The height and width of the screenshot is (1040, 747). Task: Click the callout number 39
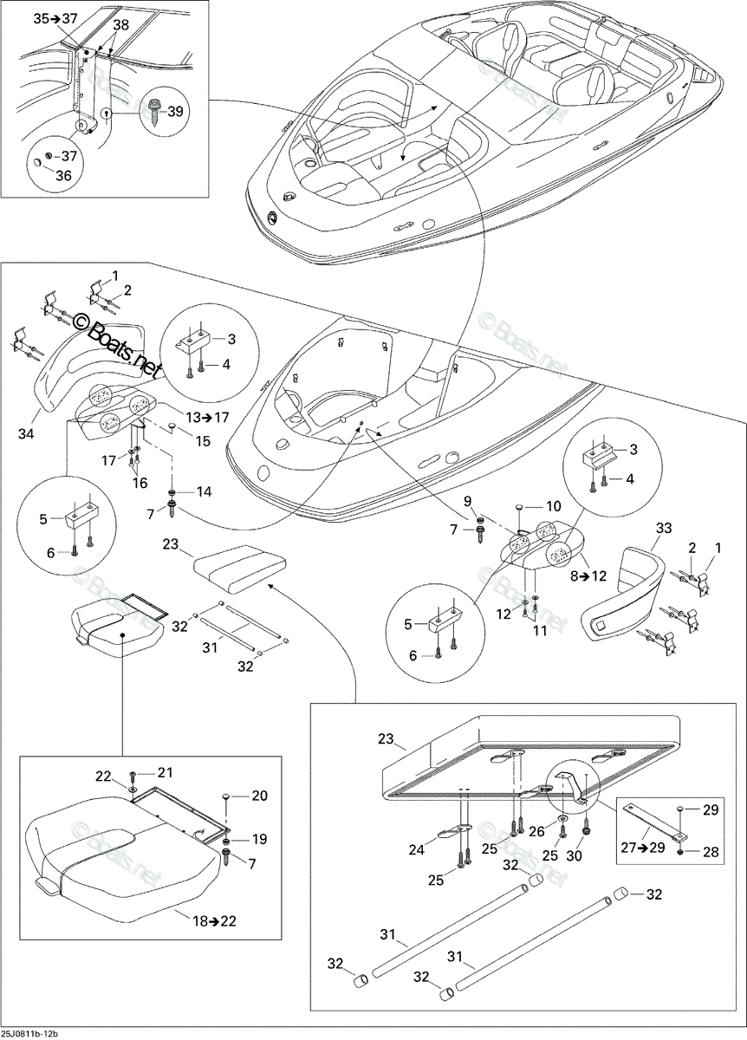click(x=175, y=112)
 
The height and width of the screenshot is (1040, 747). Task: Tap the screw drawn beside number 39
click(x=154, y=110)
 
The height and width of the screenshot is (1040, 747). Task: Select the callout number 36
click(x=63, y=175)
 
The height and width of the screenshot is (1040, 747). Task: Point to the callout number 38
click(x=121, y=24)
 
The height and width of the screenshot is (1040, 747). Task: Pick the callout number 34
click(x=27, y=434)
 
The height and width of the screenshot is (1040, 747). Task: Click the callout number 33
click(x=664, y=528)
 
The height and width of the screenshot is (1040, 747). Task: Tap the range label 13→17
click(x=207, y=417)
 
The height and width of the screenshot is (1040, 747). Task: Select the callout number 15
click(x=203, y=440)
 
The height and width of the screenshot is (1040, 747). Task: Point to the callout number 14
click(x=204, y=491)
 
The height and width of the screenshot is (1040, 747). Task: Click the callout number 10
click(x=553, y=505)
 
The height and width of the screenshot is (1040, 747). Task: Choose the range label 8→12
click(x=588, y=575)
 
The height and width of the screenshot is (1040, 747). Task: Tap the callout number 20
click(x=259, y=796)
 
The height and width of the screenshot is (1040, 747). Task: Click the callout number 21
click(x=164, y=772)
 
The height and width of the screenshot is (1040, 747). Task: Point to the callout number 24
click(x=417, y=849)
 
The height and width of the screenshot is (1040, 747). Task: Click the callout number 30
click(x=574, y=855)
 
